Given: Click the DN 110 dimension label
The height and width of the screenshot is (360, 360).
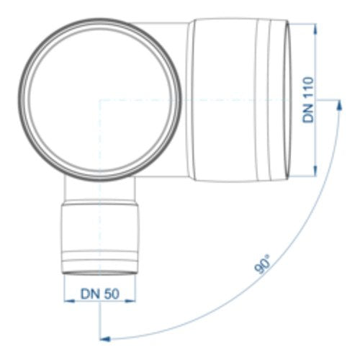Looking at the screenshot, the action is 308,99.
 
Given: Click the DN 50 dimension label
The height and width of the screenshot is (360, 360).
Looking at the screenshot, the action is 100,294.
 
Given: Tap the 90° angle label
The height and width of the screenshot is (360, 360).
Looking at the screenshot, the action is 262,265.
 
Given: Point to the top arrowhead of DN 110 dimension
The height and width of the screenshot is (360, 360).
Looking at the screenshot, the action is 315,28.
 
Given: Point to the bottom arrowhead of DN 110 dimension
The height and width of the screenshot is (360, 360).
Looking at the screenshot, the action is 315,171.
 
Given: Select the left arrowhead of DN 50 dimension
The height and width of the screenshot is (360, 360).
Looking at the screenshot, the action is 70,300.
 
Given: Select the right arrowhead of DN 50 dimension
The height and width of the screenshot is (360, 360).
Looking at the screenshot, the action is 130,300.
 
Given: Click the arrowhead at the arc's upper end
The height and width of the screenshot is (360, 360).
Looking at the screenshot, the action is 339,105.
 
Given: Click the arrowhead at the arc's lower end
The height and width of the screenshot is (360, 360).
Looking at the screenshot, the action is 105,339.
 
